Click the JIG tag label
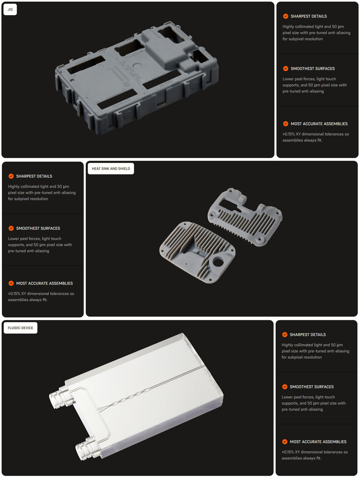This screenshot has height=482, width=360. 10,9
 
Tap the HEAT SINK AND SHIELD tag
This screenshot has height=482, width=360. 111,169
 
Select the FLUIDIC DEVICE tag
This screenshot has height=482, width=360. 20,328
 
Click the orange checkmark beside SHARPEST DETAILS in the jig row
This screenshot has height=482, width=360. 285,16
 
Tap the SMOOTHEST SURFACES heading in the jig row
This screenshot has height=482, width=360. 313,69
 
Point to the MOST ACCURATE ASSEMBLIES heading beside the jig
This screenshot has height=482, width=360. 319,124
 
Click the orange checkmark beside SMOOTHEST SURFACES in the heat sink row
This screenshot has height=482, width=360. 11,228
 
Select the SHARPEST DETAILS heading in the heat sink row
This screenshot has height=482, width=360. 34,176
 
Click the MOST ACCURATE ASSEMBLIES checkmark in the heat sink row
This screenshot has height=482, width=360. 11,283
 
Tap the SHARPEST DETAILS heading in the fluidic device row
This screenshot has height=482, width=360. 308,334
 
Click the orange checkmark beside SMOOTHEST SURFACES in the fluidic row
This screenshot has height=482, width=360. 285,386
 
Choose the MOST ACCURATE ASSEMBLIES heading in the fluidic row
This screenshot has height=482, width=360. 318,442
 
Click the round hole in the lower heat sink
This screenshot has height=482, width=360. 218,262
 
